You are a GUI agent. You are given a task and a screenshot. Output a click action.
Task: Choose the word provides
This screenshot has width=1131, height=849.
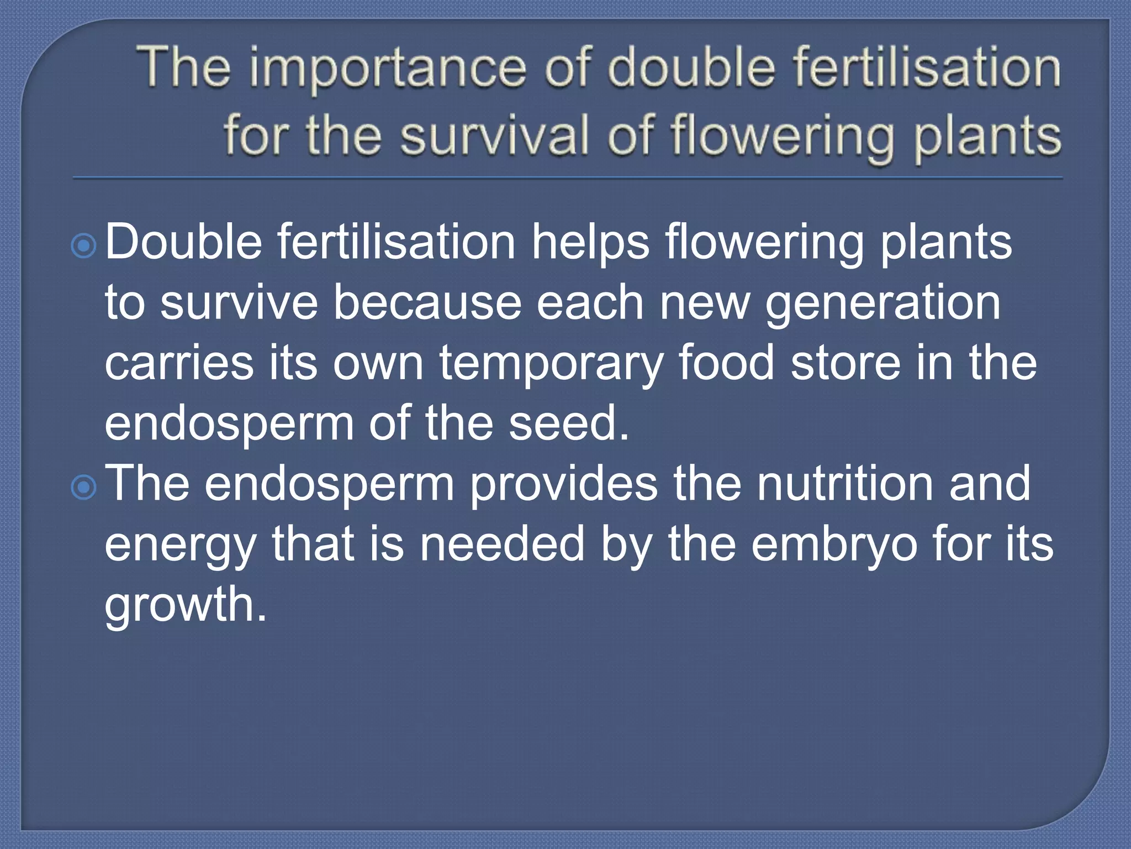point(563,484)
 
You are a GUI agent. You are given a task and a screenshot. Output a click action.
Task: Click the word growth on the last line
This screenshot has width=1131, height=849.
point(185,604)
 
